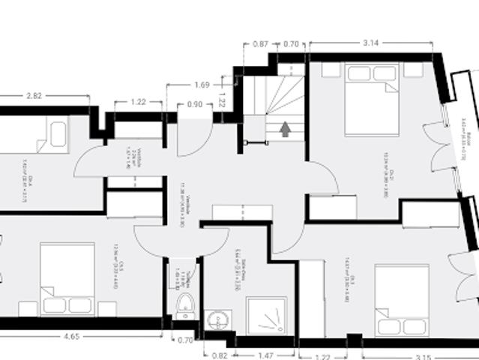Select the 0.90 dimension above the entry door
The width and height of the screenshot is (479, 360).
[194, 104]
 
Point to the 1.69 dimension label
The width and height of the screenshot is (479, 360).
[201, 85]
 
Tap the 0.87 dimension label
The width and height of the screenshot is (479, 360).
[261, 44]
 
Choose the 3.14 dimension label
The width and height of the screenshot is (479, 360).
[370, 44]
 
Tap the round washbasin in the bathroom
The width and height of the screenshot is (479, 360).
[217, 318]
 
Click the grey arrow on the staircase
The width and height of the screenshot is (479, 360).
[285, 129]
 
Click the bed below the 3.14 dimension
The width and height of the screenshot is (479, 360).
[371, 99]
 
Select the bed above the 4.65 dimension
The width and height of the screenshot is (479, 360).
[67, 277]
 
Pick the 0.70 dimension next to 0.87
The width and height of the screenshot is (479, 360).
[292, 44]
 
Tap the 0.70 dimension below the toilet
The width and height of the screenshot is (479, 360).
[184, 340]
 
